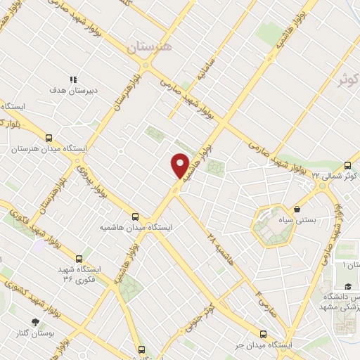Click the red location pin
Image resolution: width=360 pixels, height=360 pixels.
coord(180,165)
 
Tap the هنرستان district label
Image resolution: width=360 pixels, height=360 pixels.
coord(149,47)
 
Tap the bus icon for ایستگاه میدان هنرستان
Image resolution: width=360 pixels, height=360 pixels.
coord(49,138)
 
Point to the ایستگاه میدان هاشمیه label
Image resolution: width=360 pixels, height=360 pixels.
coord(136,227)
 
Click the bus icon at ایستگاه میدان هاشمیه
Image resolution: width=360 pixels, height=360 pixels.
coord(136,217)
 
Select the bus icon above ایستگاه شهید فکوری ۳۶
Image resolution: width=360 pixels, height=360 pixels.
coord(78,258)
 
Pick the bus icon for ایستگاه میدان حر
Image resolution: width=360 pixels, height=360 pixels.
coord(264,334)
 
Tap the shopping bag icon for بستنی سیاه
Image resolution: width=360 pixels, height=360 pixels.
coord(297,209)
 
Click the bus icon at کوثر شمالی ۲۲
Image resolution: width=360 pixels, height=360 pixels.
coord(347,165)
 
